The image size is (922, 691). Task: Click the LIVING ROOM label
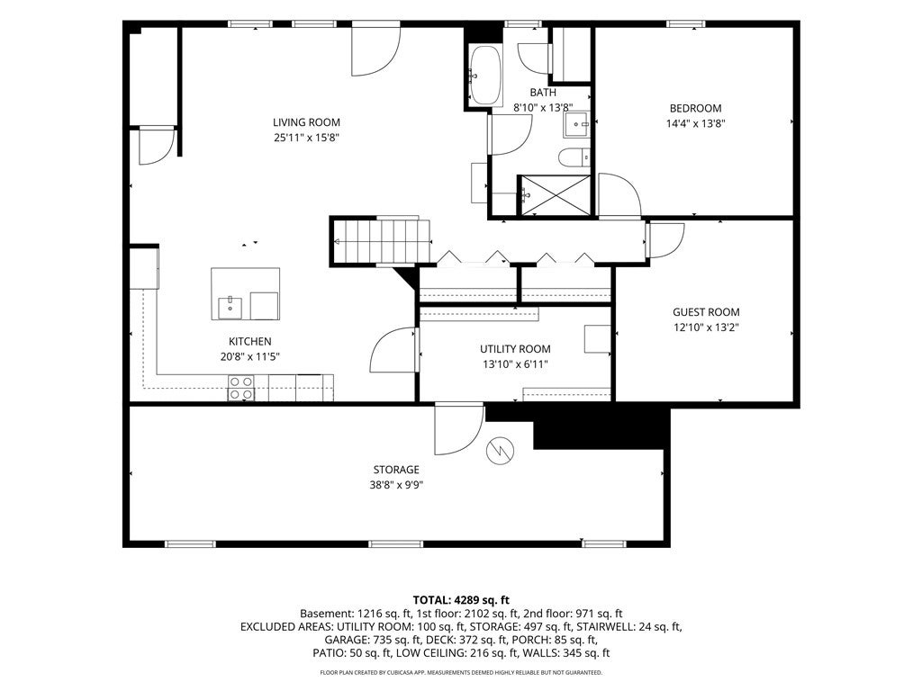pyautogui.click(x=306, y=122)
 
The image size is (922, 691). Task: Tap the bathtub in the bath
pyautogui.click(x=485, y=76)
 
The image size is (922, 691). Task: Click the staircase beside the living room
pyautogui.click(x=381, y=241)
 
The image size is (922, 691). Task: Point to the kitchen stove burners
pyautogui.click(x=241, y=388)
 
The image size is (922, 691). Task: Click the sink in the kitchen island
pyautogui.click(x=230, y=308)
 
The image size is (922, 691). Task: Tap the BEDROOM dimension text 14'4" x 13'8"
pyautogui.click(x=696, y=123)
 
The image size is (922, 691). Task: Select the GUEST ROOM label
pyautogui.click(x=706, y=312)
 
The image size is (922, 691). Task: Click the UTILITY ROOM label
pyautogui.click(x=515, y=349)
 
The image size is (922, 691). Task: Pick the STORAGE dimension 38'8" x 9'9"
pyautogui.click(x=396, y=485)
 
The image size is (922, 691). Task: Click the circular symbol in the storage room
pyautogui.click(x=500, y=451)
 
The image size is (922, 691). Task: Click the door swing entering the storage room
pyautogui.click(x=459, y=429)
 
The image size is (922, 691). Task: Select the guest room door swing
pyautogui.click(x=665, y=240)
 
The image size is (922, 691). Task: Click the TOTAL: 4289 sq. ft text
pyautogui.click(x=461, y=600)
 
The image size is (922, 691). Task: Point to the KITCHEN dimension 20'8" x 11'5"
pyautogui.click(x=250, y=356)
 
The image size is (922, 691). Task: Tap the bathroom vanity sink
pyautogui.click(x=577, y=124)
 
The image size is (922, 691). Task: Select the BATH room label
pyautogui.click(x=543, y=93)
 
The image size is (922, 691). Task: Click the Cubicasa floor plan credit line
pyautogui.click(x=461, y=672)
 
